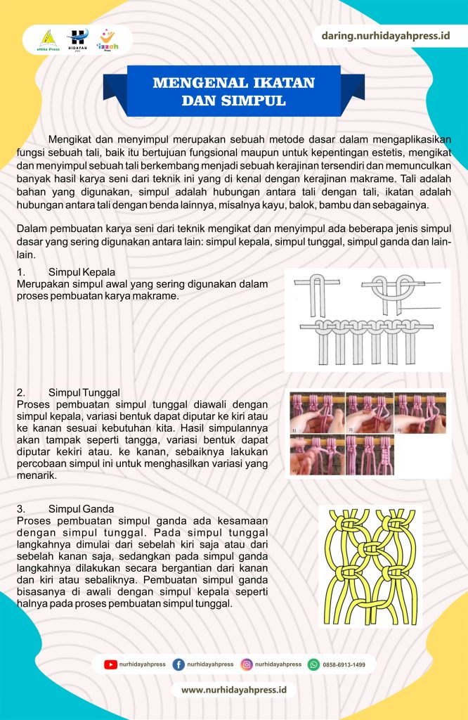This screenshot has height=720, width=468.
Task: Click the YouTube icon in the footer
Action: [110, 664]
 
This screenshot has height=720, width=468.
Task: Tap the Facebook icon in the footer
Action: [178, 664]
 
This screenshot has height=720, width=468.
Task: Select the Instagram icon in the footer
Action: [247, 664]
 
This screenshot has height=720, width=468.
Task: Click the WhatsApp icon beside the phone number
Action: [314, 664]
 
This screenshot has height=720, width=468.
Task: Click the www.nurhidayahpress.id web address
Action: [234, 690]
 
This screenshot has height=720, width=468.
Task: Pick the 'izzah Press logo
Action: [108, 39]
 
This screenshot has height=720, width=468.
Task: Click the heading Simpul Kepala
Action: [82, 272]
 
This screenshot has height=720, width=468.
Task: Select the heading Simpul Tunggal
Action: [84, 392]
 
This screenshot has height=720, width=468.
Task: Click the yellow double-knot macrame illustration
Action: [370, 565]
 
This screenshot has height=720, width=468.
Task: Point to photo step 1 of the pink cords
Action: [317, 411]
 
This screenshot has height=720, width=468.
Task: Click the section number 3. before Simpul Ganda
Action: [21, 508]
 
